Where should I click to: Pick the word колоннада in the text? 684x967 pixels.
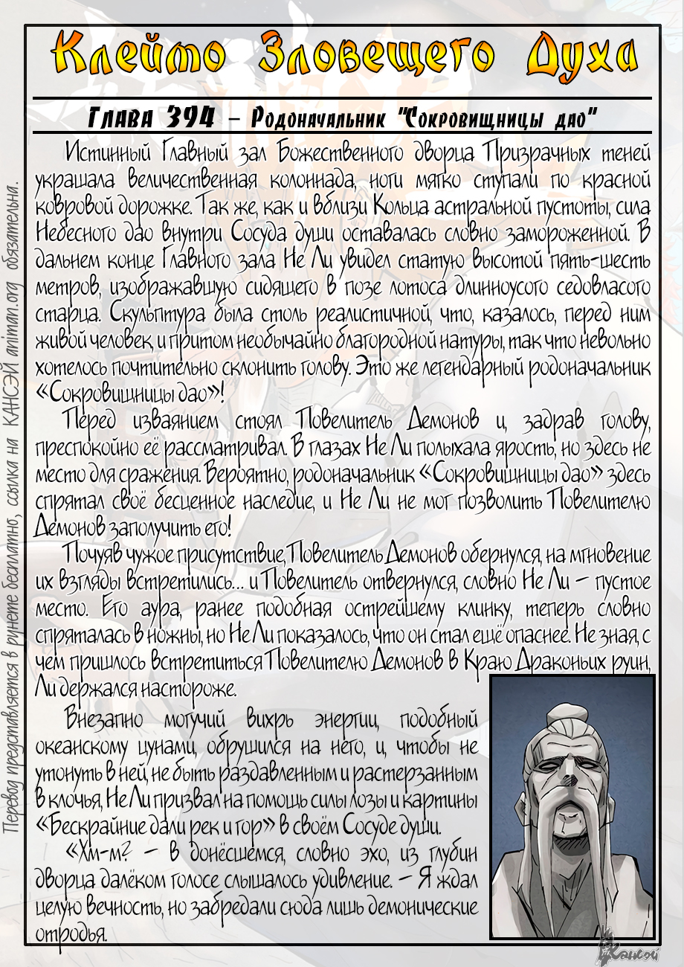(x=306, y=180)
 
